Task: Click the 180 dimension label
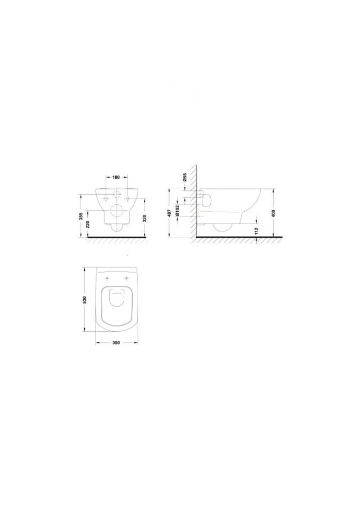tap(116, 177)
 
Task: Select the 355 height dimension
tap(82, 216)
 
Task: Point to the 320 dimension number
tap(145, 218)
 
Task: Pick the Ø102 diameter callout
tap(178, 211)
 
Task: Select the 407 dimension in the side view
tap(169, 213)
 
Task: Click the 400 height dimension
tap(274, 213)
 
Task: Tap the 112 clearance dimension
tap(257, 231)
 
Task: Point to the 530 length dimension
tap(84, 300)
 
